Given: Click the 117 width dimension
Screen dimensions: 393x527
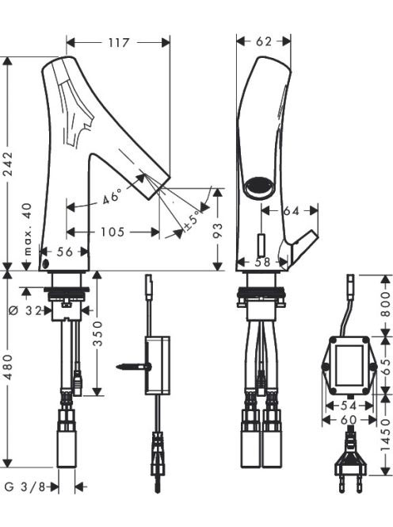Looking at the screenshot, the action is [119, 43].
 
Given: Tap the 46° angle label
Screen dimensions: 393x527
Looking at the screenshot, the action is [112, 196].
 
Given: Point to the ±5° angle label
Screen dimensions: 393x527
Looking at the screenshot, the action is [193, 221].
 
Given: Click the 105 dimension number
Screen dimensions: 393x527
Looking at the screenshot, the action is [113, 232].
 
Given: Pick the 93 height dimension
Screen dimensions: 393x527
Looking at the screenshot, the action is [218, 229].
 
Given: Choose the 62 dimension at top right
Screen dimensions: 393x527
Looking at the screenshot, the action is [264, 41].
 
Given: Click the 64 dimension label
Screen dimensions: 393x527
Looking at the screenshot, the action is [292, 211].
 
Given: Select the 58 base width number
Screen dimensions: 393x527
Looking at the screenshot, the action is [262, 262].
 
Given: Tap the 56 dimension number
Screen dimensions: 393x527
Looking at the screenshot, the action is [64, 252].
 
